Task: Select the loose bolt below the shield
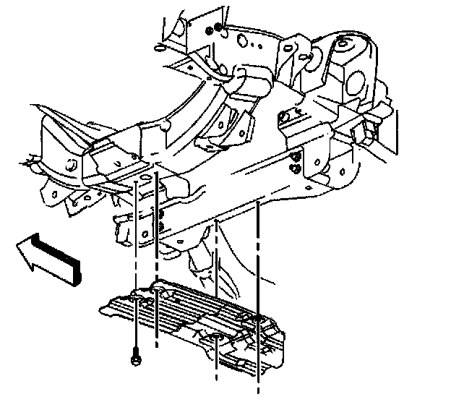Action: click(x=135, y=356)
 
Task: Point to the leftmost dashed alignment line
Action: click(x=135, y=239)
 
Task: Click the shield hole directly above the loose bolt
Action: click(x=135, y=294)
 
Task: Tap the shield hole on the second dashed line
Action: click(x=158, y=291)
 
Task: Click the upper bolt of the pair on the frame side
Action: click(x=296, y=157)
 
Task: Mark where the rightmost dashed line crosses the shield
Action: click(x=258, y=318)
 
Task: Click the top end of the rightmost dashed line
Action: click(x=258, y=205)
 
